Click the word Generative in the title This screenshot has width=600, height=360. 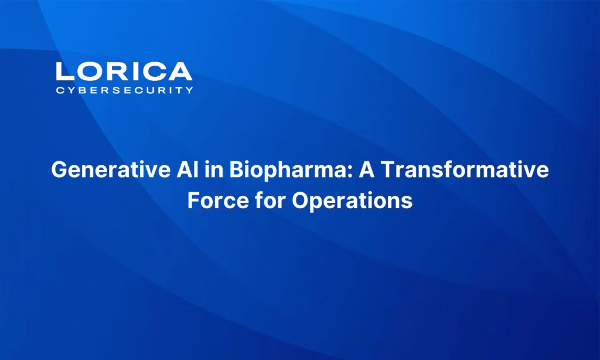click(x=111, y=169)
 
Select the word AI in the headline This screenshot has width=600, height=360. click(x=187, y=169)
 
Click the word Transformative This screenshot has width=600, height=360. click(x=465, y=169)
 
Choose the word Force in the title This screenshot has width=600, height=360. click(x=218, y=201)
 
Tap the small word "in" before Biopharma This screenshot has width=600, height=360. click(x=214, y=169)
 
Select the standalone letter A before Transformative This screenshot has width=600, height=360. click(x=366, y=169)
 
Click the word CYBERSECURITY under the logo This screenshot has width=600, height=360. click(x=124, y=90)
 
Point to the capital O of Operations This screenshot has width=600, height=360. click(x=301, y=201)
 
